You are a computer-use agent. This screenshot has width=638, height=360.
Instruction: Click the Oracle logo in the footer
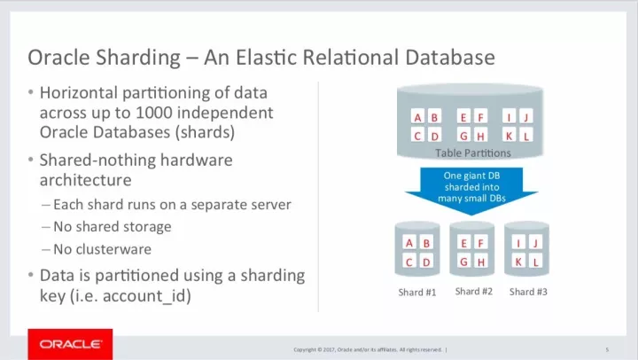pyautogui.click(x=65, y=343)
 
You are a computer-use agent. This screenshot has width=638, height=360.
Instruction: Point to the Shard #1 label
pyautogui.click(x=416, y=292)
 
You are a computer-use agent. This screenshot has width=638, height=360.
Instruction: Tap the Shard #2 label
pyautogui.click(x=473, y=291)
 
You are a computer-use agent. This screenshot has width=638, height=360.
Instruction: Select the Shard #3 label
pyautogui.click(x=528, y=291)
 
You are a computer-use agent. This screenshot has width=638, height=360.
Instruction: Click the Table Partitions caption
pyautogui.click(x=472, y=153)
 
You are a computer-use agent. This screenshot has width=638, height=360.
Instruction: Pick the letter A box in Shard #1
pyautogui.click(x=409, y=242)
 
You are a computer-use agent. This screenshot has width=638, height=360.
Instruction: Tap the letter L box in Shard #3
pyautogui.click(x=537, y=262)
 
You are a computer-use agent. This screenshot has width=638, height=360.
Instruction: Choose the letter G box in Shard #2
pyautogui.click(x=463, y=262)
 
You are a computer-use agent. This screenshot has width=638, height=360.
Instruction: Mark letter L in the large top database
pyautogui.click(x=526, y=137)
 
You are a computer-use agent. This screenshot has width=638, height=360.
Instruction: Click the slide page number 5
pyautogui.click(x=607, y=348)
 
